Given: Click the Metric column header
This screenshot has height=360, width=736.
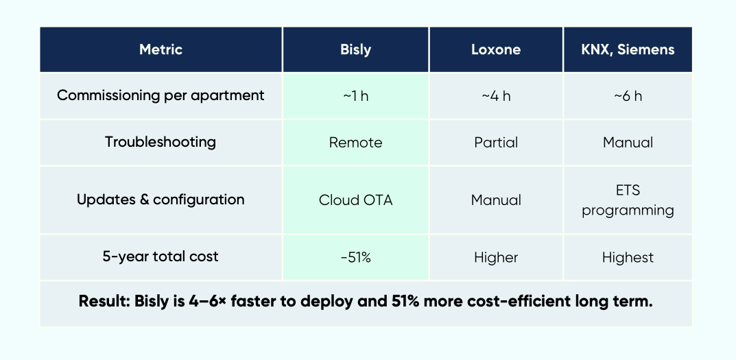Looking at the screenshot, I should pos(161,49).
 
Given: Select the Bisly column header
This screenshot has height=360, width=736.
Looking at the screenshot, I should pos(355,49).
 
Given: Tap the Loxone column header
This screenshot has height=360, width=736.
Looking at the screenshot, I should pos(495,49).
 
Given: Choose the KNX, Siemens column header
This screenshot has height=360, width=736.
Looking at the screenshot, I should pos(628,49).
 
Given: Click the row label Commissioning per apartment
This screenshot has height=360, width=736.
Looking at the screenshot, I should pos(161,95).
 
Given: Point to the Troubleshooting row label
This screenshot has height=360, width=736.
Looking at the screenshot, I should pos(161,142).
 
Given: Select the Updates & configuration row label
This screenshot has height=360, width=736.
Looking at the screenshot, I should pos(161,200).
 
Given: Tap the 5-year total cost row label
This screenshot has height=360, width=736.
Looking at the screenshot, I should pos(161,256).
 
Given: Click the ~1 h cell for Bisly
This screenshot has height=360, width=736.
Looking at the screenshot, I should pos(355,96).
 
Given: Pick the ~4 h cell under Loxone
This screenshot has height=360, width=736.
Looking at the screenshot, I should pos(495,96).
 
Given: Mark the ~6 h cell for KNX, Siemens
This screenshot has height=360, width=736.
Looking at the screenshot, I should pos(628,96).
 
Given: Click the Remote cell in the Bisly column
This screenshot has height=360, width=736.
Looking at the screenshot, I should pos(355,143).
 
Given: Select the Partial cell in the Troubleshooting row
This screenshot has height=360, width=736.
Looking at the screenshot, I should pos(495,143).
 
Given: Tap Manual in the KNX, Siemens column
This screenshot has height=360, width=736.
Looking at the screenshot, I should pos(628,143).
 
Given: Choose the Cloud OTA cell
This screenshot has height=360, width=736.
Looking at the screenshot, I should pos(355,200).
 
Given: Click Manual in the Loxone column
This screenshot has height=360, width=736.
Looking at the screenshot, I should pos(495,200).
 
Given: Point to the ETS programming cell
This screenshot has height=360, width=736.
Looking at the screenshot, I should pos(628,200).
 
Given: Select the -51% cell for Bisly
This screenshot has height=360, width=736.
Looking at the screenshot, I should pos(355,257).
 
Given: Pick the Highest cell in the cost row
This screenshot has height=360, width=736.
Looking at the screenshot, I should pos(628,257).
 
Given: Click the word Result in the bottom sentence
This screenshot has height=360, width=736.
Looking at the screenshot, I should pos(100,302).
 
